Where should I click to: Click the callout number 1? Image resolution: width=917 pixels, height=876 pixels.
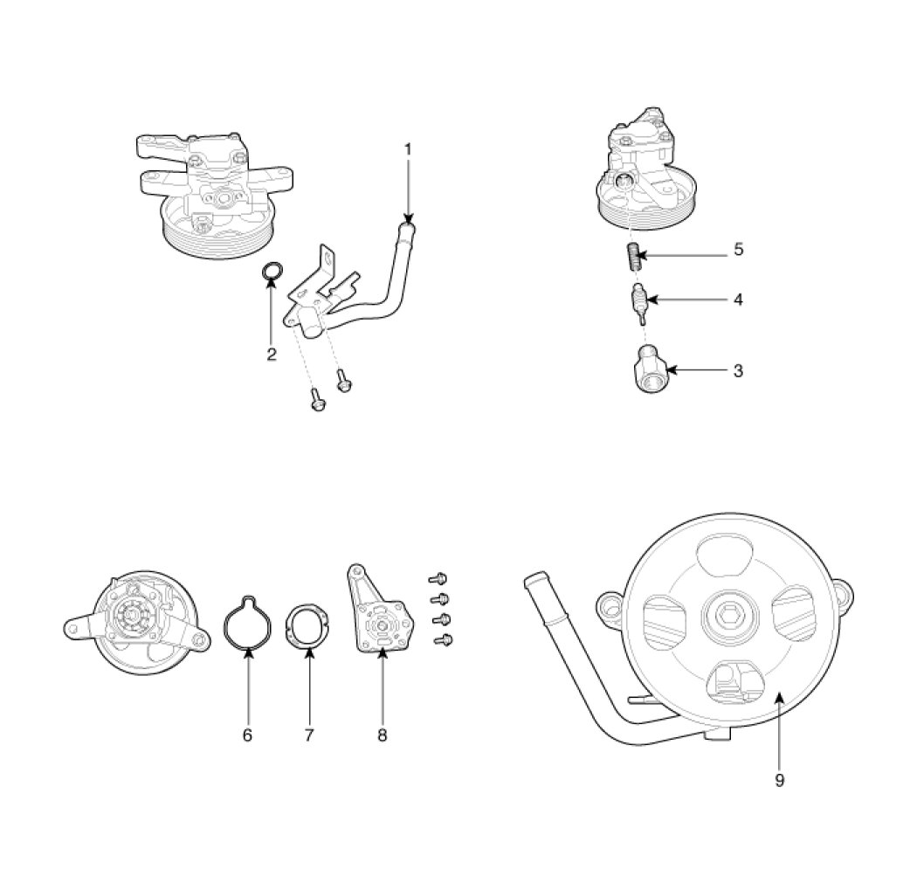click(x=408, y=149)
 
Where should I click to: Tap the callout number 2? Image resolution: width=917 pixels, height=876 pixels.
click(x=272, y=354)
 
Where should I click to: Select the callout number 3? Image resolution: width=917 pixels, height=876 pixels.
click(x=738, y=371)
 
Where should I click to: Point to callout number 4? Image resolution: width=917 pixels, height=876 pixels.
click(x=738, y=300)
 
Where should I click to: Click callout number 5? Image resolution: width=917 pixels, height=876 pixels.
click(x=738, y=249)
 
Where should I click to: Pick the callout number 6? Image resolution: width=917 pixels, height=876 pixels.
click(x=247, y=735)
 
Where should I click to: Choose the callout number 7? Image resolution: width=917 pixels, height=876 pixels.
click(x=309, y=735)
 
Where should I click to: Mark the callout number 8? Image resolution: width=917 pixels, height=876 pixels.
click(x=382, y=735)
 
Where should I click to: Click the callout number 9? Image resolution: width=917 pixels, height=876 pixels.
click(x=779, y=780)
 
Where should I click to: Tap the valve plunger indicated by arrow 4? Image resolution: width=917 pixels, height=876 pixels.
click(x=639, y=303)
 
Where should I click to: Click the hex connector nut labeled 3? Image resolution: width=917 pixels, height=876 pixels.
click(x=649, y=369)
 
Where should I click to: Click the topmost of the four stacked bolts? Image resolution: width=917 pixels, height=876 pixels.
click(x=438, y=579)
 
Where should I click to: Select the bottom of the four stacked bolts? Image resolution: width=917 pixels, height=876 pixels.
click(x=444, y=640)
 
